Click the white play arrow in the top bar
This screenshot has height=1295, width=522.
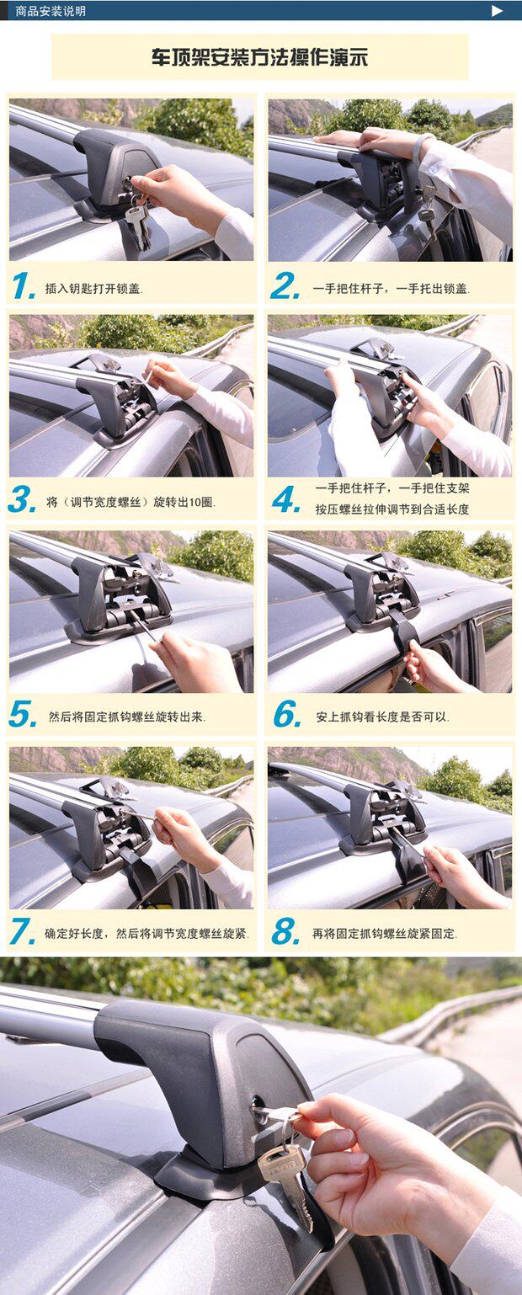pyautogui.click(x=497, y=10)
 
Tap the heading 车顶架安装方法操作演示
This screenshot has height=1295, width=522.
pyautogui.click(x=259, y=58)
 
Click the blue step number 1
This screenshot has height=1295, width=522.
pyautogui.click(x=24, y=286)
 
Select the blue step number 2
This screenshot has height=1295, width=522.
pyautogui.click(x=285, y=286)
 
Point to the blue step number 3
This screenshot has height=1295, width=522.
pyautogui.click(x=23, y=499)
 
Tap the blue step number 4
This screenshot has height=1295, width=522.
pyautogui.click(x=286, y=499)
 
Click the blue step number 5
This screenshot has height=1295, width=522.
pyautogui.click(x=23, y=715)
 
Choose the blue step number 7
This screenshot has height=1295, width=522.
pyautogui.click(x=23, y=931)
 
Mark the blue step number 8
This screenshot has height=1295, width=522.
pyautogui.click(x=286, y=931)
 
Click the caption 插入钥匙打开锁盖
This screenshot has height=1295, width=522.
pyautogui.click(x=93, y=289)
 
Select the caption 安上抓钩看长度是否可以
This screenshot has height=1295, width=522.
pyautogui.click(x=382, y=717)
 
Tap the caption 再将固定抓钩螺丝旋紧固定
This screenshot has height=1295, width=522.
pyautogui.click(x=385, y=934)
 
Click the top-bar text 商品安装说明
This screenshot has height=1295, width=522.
pyautogui.click(x=51, y=11)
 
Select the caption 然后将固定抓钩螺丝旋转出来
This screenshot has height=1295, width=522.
pyautogui.click(x=126, y=717)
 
